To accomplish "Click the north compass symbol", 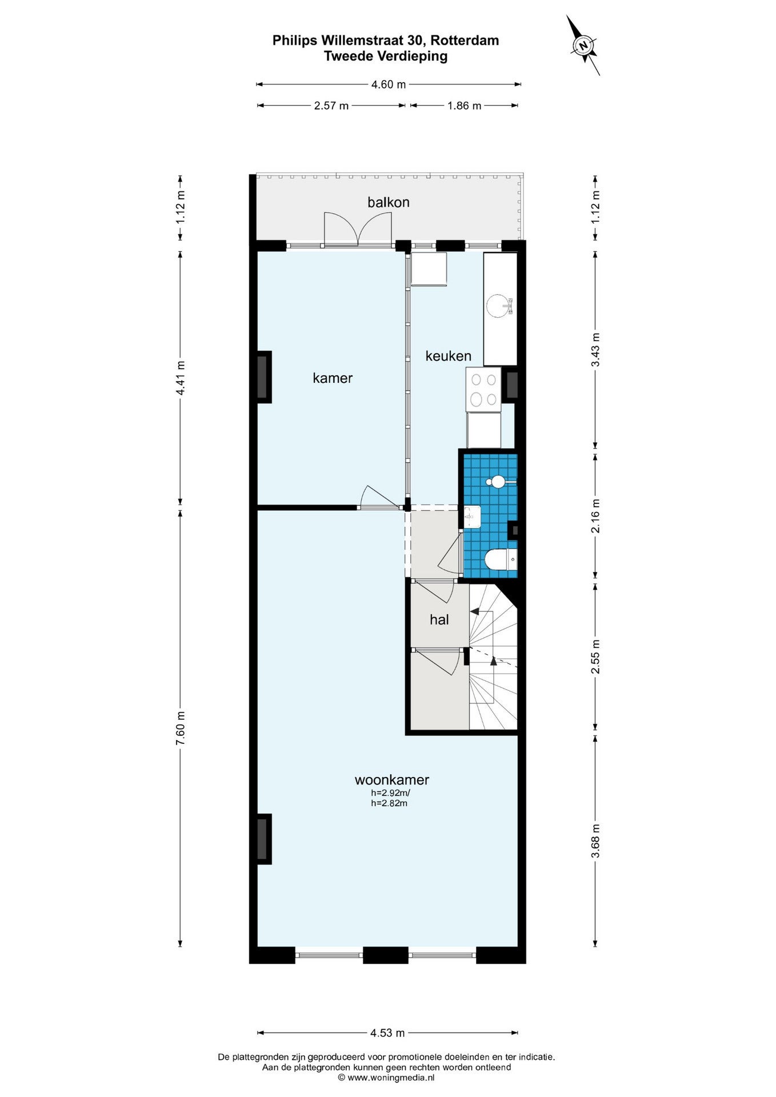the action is pyautogui.click(x=583, y=45).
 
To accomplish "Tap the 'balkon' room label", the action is pyautogui.click(x=389, y=202).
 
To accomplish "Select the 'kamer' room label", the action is pyautogui.click(x=333, y=378).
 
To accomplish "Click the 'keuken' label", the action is pyautogui.click(x=449, y=356).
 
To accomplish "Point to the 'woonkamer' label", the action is pyautogui.click(x=392, y=780).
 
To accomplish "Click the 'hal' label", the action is pyautogui.click(x=439, y=619).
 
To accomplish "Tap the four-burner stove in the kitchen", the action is pyautogui.click(x=483, y=389).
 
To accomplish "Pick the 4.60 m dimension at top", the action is pyautogui.click(x=389, y=85).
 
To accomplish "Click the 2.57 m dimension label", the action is pyautogui.click(x=331, y=106).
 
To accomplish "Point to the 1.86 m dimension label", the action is pyautogui.click(x=464, y=106).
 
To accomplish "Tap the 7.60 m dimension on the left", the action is pyautogui.click(x=181, y=727).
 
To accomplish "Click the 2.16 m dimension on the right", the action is pyautogui.click(x=596, y=516).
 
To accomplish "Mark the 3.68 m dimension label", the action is pyautogui.click(x=596, y=841).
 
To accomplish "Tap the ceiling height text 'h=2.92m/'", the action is pyautogui.click(x=391, y=793).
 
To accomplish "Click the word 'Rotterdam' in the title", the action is pyautogui.click(x=465, y=41).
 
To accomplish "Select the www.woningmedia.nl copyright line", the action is pyautogui.click(x=386, y=1078).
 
